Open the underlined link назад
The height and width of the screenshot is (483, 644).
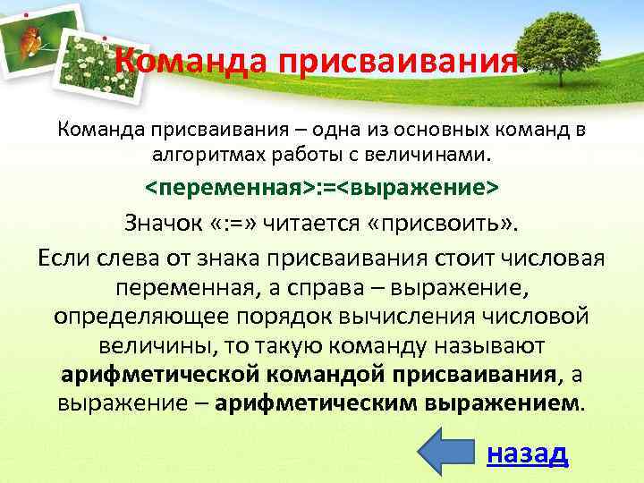click(x=527, y=453)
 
